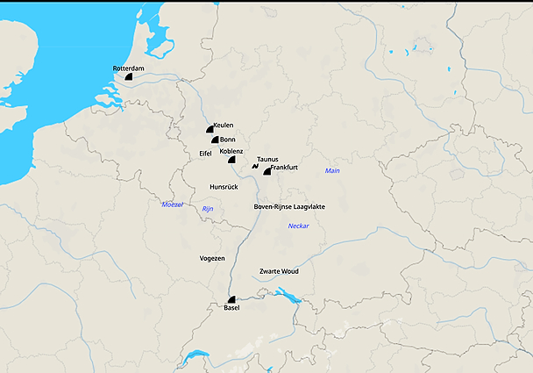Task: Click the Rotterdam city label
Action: coord(128,68)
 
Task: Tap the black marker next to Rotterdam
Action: coord(128,77)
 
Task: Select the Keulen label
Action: coord(223,126)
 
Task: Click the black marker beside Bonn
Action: coord(214,140)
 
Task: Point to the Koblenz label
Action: coord(231,151)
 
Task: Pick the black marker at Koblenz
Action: coord(231,160)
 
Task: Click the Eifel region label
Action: coord(206,154)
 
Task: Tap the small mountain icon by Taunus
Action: coord(254,165)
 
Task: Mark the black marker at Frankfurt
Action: coord(267,171)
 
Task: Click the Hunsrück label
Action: coord(224,187)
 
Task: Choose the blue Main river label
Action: coord(331,170)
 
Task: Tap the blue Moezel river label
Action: coord(173,204)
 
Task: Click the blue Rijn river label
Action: coord(208,209)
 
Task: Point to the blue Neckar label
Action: coord(298,226)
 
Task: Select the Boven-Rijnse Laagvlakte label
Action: coord(289,206)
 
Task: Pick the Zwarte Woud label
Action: coord(280,271)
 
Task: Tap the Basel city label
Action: coord(231,308)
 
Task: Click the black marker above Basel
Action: coord(231,299)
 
